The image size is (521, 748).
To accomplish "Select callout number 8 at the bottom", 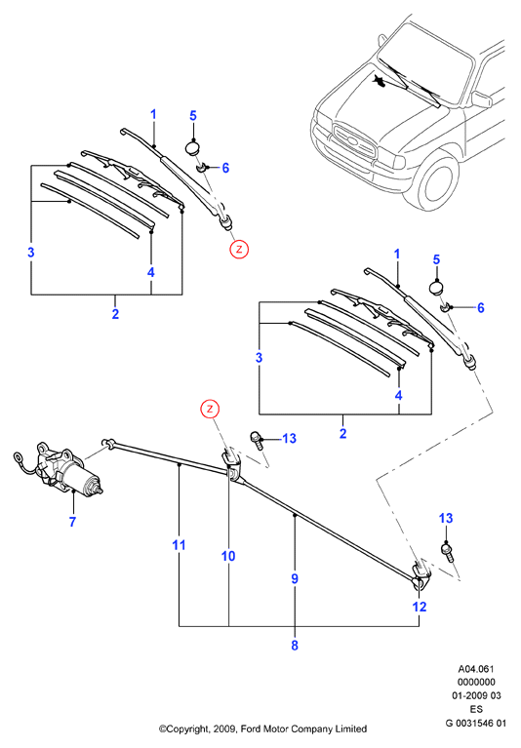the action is click(295, 646).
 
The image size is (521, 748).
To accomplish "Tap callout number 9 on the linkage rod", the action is click(295, 578).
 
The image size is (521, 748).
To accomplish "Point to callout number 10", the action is click(228, 556).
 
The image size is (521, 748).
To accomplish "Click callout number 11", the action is click(179, 545).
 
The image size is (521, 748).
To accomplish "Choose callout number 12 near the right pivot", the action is click(419, 607).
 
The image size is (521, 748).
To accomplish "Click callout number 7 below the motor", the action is click(72, 522).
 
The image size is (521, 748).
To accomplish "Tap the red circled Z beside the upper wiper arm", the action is click(239, 249).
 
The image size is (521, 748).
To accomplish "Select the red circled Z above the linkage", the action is click(210, 410).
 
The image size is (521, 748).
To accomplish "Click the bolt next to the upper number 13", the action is click(257, 440).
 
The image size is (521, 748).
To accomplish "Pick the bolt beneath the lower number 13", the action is click(447, 553).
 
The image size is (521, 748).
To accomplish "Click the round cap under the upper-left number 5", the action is click(193, 148).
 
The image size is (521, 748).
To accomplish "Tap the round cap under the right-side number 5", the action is click(436, 288).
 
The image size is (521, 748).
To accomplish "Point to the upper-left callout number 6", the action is click(225, 168).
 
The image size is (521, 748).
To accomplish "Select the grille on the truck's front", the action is click(354, 140).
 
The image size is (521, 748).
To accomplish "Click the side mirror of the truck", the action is click(481, 99).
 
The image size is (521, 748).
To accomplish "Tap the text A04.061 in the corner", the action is click(476, 669).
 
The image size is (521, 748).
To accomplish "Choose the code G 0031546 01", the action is click(476, 724).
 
